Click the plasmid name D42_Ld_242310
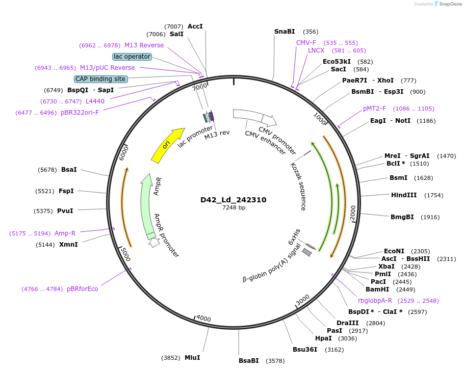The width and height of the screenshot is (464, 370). (233, 200)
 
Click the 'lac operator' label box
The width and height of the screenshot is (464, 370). (132, 57)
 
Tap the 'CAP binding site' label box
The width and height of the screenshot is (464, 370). (100, 79)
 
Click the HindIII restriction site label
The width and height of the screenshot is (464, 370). (404, 195)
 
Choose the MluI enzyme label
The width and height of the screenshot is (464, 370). (192, 357)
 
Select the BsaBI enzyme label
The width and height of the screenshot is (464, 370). (249, 361)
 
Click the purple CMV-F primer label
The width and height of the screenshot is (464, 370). (306, 43)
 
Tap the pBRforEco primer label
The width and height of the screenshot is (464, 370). (82, 289)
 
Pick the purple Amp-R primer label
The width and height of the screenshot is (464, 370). (65, 233)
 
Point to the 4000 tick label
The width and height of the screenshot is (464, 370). (203, 319)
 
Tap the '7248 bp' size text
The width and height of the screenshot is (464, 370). (234, 207)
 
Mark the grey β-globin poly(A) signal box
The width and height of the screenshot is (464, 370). (307, 252)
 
